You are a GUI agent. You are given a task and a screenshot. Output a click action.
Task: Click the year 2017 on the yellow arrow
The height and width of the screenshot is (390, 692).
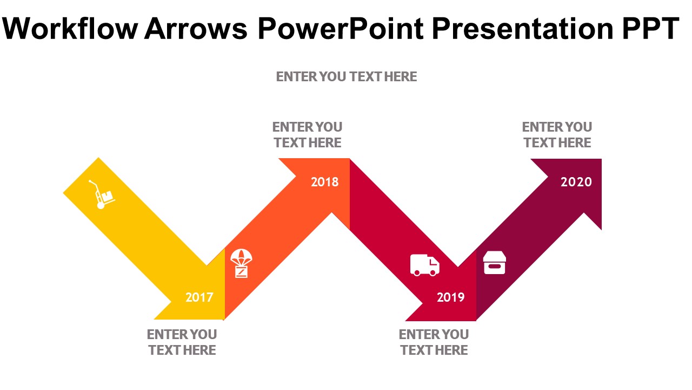199,297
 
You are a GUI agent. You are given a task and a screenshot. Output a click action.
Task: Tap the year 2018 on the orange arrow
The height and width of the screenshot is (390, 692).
325,182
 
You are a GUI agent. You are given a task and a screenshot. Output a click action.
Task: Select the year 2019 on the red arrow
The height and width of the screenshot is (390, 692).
451,297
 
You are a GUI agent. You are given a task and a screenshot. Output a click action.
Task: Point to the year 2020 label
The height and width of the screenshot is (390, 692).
576,182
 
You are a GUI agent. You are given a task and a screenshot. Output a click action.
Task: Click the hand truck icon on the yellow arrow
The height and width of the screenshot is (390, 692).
102,194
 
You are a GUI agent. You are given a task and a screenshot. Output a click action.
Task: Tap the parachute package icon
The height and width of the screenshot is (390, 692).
241,263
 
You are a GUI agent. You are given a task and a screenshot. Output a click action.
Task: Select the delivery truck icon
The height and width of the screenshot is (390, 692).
425,265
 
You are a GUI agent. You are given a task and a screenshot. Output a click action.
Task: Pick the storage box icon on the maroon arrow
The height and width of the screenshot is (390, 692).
494,263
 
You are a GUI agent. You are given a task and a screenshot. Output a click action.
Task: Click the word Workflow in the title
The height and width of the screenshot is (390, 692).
70,29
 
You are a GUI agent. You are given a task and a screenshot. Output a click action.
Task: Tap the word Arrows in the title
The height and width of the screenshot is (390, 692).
196,29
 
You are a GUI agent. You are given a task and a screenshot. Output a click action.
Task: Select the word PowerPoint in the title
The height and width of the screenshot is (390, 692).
341,29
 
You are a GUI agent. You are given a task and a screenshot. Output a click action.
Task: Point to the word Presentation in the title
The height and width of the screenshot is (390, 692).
522,29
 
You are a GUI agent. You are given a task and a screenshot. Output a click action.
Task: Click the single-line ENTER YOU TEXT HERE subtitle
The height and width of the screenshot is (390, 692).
347,77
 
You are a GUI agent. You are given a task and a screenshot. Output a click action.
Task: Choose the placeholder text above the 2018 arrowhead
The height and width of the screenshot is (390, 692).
308,135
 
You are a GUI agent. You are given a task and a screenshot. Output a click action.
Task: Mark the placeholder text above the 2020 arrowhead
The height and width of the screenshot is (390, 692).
557,135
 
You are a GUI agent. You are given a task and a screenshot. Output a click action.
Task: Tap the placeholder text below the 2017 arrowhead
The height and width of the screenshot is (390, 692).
182,342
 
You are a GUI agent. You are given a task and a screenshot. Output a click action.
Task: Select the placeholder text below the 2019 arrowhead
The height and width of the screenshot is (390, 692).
434,342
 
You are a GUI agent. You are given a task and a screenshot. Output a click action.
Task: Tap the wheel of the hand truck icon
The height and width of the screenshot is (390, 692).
101,205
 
